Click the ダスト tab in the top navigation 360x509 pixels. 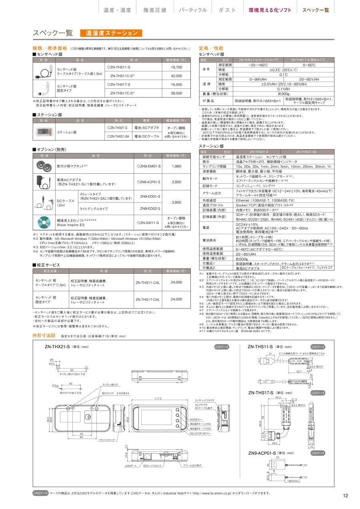click(227, 10)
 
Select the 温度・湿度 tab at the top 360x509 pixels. click(117, 10)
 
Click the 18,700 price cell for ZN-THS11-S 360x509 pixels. click(176, 67)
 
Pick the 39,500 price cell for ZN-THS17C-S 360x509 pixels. click(176, 93)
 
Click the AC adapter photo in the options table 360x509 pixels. click(43, 182)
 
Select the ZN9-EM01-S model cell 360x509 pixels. click(148, 166)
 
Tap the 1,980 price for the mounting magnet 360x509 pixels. click(176, 166)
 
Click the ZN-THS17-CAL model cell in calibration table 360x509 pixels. click(148, 299)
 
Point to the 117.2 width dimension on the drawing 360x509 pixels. click(158, 399)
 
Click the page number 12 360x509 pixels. click(346, 496)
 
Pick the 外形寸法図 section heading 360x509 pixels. click(44, 335)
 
